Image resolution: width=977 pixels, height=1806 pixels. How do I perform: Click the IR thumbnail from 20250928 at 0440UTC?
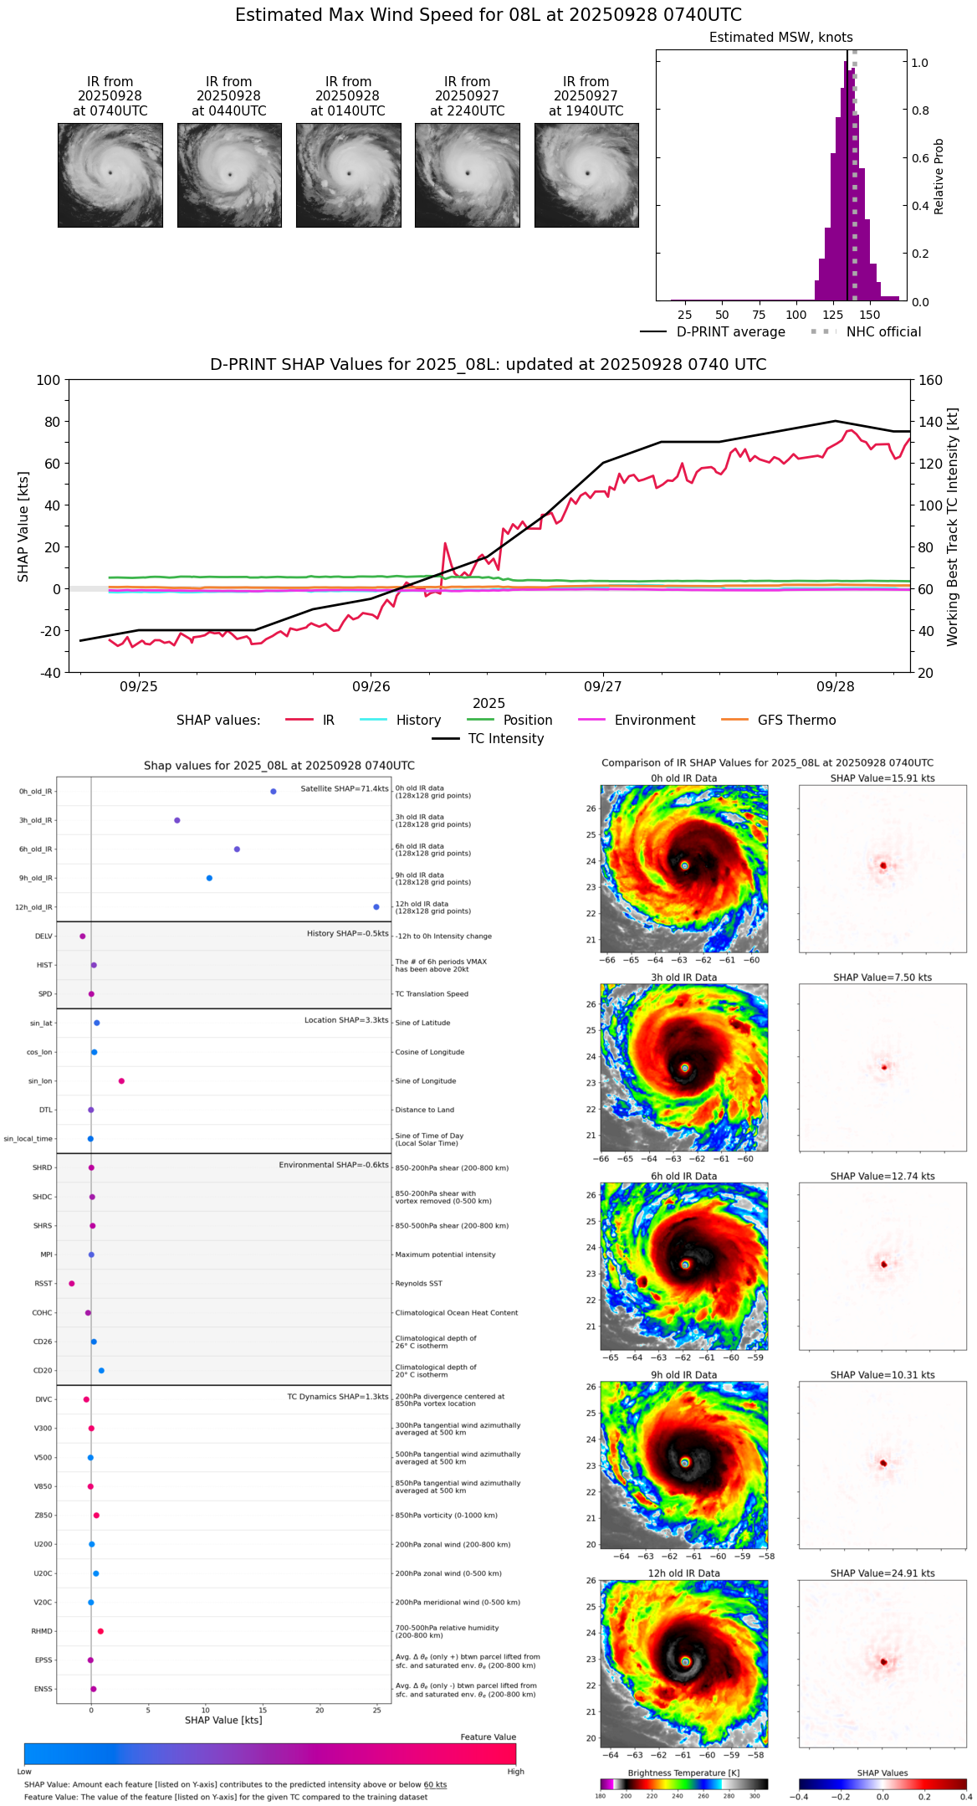coord(229,175)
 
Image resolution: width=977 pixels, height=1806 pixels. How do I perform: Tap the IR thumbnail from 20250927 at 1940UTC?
coord(586,175)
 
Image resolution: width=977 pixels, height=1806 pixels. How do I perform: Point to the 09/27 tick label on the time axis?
coord(603,687)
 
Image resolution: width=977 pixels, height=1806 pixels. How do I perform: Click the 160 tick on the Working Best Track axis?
coord(931,380)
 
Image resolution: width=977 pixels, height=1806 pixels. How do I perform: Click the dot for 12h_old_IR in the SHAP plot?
coord(376,907)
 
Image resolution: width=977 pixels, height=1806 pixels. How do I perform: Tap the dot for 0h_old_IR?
coord(274,791)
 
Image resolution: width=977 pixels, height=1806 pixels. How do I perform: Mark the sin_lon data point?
coord(121,1081)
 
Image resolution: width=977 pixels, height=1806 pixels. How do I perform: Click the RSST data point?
coord(71,1284)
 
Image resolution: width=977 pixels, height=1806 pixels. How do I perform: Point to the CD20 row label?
coord(43,1371)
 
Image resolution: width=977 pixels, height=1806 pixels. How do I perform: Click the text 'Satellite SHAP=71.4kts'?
coord(345,789)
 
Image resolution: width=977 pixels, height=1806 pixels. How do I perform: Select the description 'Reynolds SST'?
coord(419,1284)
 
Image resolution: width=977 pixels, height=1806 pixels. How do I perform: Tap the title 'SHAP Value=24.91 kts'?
coord(882,1573)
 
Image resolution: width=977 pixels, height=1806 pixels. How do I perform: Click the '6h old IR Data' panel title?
coord(683,1176)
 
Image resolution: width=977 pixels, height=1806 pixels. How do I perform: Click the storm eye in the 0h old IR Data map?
coord(685,865)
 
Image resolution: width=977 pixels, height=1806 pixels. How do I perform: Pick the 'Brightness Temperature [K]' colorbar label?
coord(683,1773)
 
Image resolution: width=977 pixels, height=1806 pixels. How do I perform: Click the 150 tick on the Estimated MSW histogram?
coord(870,316)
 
